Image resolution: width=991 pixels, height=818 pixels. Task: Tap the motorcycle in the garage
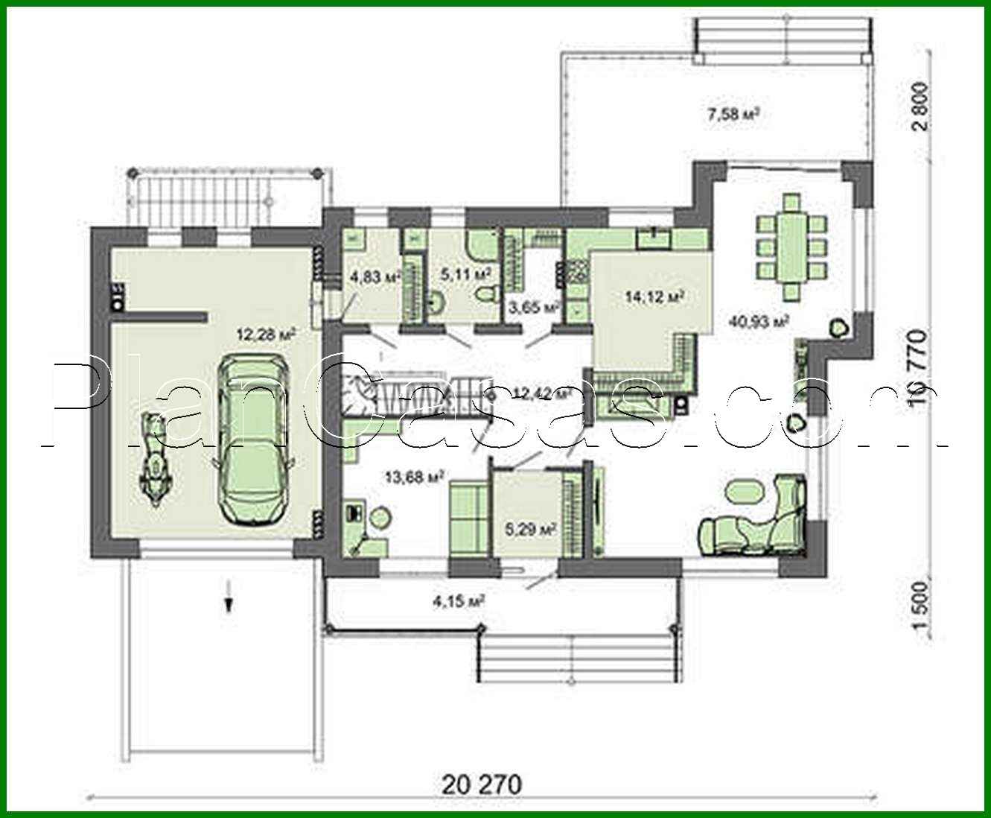click(155, 462)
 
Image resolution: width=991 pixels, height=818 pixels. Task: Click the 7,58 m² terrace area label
click(733, 115)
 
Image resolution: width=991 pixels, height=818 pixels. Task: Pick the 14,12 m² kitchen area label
click(654, 297)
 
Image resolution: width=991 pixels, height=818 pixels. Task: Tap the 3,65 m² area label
click(533, 306)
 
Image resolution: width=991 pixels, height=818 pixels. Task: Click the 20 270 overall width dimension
click(482, 784)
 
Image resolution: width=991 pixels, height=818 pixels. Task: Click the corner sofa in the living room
click(767, 521)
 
